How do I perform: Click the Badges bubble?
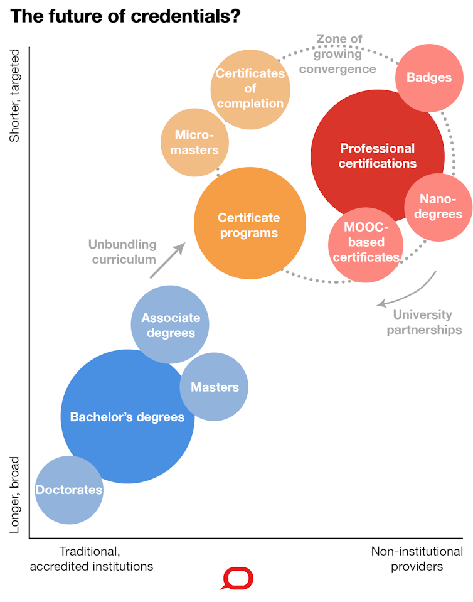pos(429,77)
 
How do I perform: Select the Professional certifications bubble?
pos(377,156)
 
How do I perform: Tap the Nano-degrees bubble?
pos(437,207)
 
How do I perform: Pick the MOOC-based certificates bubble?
pos(366,244)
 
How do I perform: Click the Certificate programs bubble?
pos(249,224)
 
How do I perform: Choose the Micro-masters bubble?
pos(194,142)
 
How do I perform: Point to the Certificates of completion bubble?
pos(250,89)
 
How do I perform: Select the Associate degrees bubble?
pos(170,325)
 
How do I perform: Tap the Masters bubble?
pos(215,387)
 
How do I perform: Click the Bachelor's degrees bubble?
pos(127,416)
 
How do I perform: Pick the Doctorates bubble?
pos(69,490)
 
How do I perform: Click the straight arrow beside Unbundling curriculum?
pos(167,260)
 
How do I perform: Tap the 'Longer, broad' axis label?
pos(17,495)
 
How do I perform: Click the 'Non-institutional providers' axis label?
pos(417,559)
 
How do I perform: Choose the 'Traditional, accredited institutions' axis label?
pos(91,559)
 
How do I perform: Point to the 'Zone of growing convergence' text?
pos(338,54)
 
